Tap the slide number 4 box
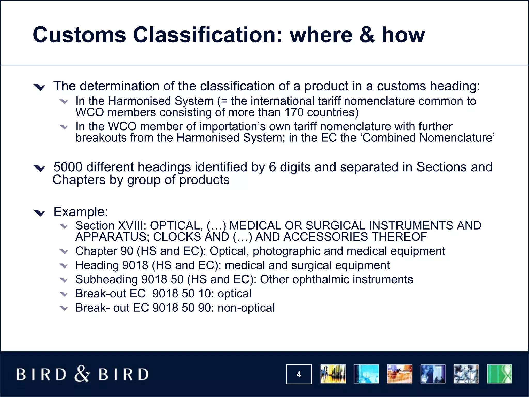[x=299, y=374]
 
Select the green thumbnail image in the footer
[x=499, y=374]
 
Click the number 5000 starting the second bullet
[x=68, y=167]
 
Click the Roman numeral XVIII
[x=130, y=226]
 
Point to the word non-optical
[x=246, y=308]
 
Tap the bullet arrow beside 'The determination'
[x=39, y=87]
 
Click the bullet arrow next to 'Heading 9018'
[x=64, y=266]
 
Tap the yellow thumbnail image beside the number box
[x=333, y=374]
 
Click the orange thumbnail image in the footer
[x=399, y=374]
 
